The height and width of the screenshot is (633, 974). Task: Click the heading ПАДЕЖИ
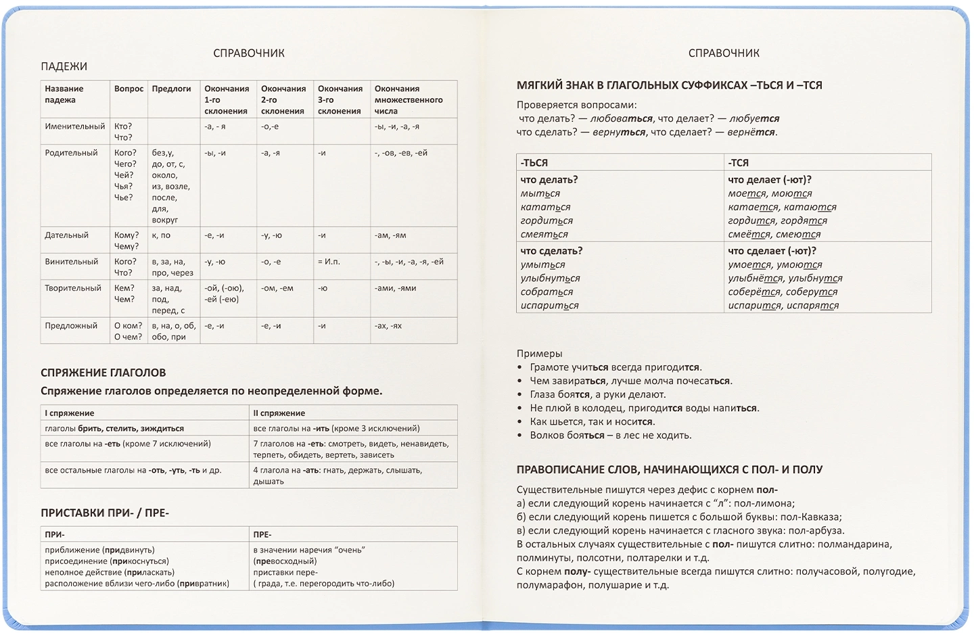pos(64,66)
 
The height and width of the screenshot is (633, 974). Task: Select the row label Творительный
pos(73,288)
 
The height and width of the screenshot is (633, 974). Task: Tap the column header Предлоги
pos(171,89)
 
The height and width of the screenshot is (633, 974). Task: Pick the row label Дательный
pos(67,235)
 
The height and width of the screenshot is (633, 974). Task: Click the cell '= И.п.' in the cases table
pos(329,262)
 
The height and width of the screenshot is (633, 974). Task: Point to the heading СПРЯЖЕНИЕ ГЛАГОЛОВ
pos(103,373)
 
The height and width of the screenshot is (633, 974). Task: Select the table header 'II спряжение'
pos(279,413)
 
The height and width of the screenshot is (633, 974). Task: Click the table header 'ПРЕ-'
pos(262,534)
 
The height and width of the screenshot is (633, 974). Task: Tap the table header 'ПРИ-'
pos(55,534)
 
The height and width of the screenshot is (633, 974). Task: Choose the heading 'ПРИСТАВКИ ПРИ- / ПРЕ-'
pos(105,513)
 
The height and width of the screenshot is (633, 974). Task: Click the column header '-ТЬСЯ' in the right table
pos(534,163)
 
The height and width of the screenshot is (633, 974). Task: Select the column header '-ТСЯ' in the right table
pos(739,163)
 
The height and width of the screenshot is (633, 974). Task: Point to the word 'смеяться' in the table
pos(544,235)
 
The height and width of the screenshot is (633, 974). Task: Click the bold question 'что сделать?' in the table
pos(551,251)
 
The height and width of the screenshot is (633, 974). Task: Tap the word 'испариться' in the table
pos(549,306)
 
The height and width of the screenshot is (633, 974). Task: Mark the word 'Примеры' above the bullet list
pos(539,354)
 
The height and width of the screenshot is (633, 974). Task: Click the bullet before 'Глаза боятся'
pos(519,395)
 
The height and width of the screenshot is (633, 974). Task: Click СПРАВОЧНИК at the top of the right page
pos(724,53)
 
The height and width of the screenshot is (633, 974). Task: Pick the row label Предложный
pos(71,326)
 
